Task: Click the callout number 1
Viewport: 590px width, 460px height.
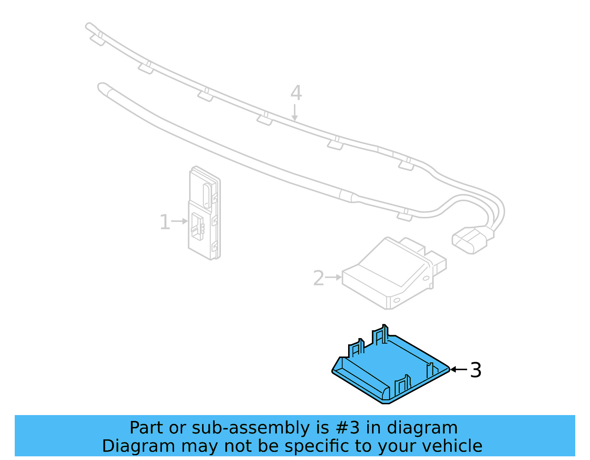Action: (x=164, y=222)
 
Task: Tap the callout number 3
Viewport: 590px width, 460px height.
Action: (x=476, y=370)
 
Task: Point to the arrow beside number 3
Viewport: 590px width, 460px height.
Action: (x=459, y=369)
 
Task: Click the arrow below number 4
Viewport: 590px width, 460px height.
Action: (x=294, y=112)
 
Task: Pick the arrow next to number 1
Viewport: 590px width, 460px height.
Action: (x=180, y=221)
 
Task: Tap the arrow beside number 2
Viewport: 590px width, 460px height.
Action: (x=334, y=277)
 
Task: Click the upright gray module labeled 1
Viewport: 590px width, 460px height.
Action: (x=204, y=214)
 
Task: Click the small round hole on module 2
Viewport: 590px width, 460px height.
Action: (x=397, y=301)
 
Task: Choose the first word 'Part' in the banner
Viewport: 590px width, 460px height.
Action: (x=146, y=428)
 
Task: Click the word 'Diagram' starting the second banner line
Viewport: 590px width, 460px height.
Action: (x=138, y=446)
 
